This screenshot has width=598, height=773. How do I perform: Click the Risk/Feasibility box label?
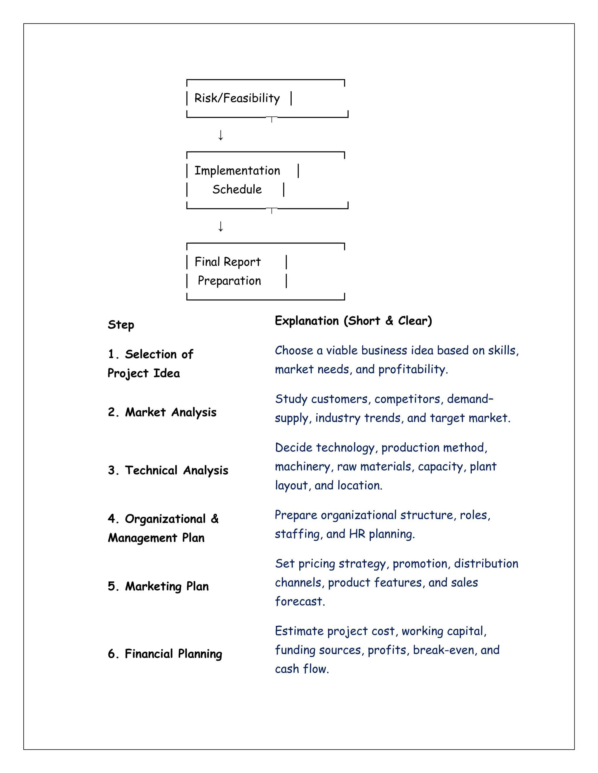coord(237,98)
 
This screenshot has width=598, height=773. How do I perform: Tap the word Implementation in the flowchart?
coord(237,171)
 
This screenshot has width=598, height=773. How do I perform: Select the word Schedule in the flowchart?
coord(237,190)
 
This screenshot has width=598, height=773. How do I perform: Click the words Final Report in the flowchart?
coord(227,262)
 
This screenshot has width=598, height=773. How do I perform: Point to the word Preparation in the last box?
coord(229,281)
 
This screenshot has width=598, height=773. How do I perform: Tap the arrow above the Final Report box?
coord(221,226)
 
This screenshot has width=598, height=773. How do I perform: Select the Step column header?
coord(121,325)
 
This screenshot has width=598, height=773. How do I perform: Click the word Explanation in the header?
coord(307,321)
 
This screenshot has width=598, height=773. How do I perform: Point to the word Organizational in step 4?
coord(165,519)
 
